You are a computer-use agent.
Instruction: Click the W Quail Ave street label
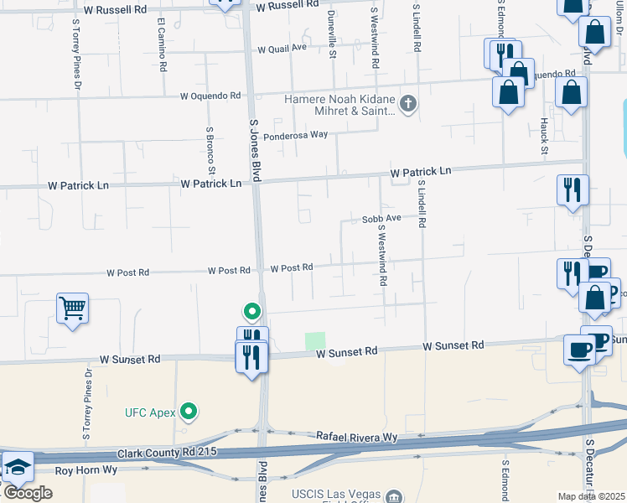point(282,48)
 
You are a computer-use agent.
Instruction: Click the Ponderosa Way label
point(295,134)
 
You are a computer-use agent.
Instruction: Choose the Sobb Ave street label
point(381,218)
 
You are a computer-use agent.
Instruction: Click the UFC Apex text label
point(152,412)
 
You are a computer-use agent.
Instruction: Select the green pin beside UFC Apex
point(189,412)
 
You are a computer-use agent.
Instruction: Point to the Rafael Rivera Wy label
point(356,437)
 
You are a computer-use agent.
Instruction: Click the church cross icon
point(407,104)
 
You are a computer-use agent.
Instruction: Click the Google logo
point(28,493)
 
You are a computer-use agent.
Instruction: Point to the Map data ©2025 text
point(592,496)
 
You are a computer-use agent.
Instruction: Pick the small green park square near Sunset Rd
point(315,341)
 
